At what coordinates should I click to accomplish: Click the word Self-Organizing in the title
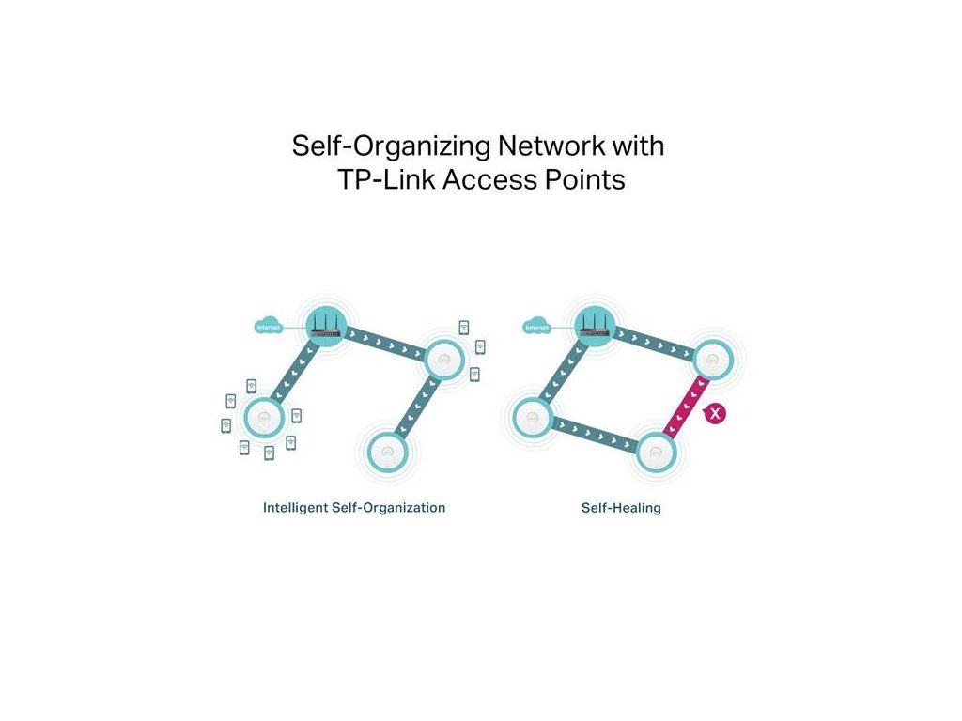pyautogui.click(x=387, y=147)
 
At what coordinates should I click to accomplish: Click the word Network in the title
pyautogui.click(x=549, y=147)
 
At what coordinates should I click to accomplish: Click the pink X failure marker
pyautogui.click(x=716, y=412)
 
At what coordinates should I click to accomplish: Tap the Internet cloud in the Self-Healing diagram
pyautogui.click(x=536, y=328)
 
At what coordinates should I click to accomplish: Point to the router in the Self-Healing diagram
pyautogui.click(x=594, y=326)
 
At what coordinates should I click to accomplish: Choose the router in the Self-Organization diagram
pyautogui.click(x=325, y=325)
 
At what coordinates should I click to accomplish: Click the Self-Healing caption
pyautogui.click(x=621, y=508)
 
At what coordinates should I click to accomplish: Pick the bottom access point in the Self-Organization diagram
pyautogui.click(x=383, y=453)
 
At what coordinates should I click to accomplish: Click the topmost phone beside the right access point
pyautogui.click(x=463, y=327)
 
